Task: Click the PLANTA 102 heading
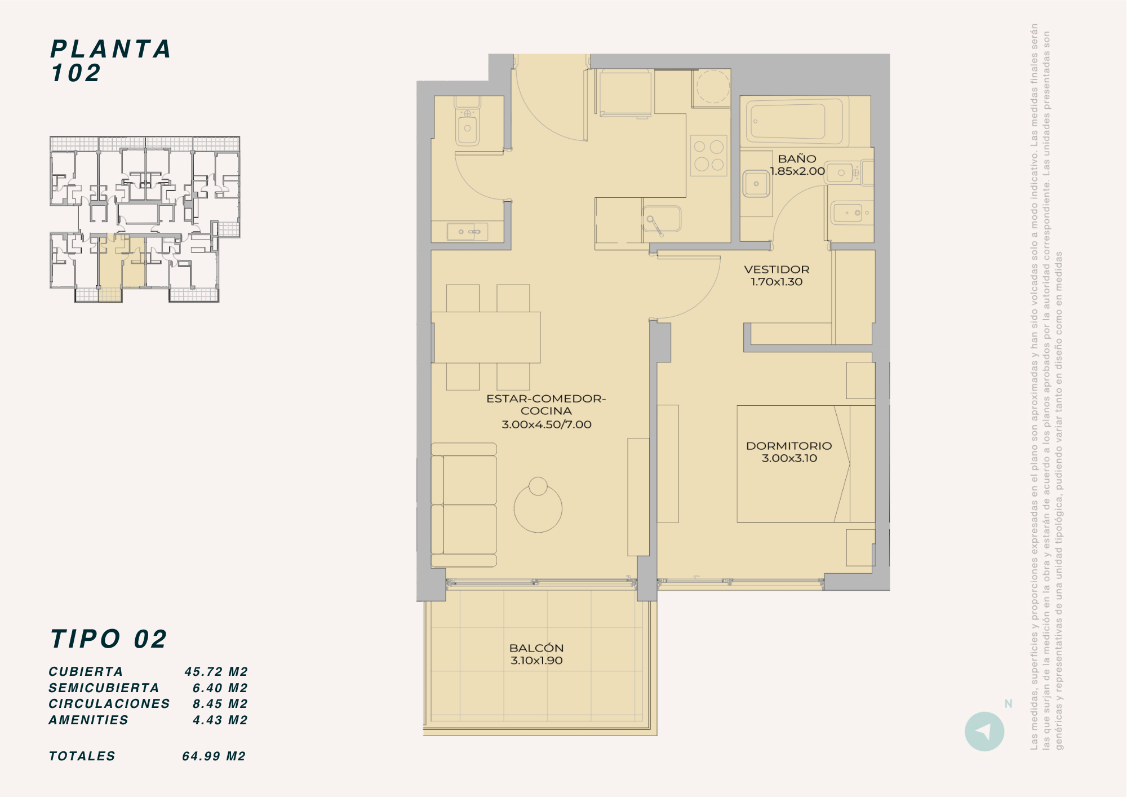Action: tap(110, 61)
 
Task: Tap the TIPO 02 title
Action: tap(109, 639)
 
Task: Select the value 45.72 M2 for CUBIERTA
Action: tap(216, 672)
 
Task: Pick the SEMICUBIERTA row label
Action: tap(104, 688)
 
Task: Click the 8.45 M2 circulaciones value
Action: tap(220, 704)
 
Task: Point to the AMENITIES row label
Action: tap(88, 720)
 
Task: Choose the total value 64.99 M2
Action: tap(214, 756)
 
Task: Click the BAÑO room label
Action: tap(797, 159)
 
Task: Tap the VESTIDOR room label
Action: tap(777, 269)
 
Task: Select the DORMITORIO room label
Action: tap(789, 446)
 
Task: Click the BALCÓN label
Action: tap(536, 648)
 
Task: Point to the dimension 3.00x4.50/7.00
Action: tap(547, 424)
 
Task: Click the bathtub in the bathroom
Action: tap(795, 121)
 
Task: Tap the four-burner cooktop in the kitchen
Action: tap(708, 156)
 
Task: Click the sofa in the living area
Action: tap(464, 504)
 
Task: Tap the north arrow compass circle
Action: tap(984, 732)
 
